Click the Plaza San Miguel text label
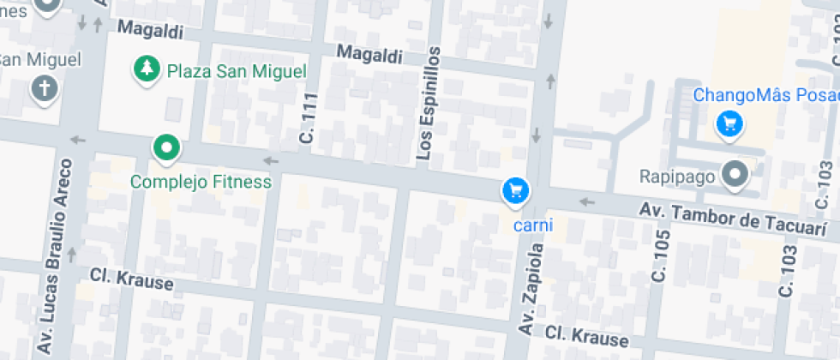coord(236,70)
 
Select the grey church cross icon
coord(44,87)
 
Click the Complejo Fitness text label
coord(201,182)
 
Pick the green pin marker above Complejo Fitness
coord(165,148)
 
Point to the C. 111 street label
coord(308,118)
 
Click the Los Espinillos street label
coord(428,104)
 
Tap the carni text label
coord(532,225)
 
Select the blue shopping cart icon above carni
coord(515,190)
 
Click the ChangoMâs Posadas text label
coord(765,95)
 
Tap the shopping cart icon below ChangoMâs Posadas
coord(729,124)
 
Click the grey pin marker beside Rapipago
coord(735,175)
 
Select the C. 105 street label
coord(659,257)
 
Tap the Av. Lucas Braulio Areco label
coord(54,257)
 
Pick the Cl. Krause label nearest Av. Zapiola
coord(587,335)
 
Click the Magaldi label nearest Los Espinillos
coord(369,54)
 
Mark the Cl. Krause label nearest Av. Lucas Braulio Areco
coord(132,278)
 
